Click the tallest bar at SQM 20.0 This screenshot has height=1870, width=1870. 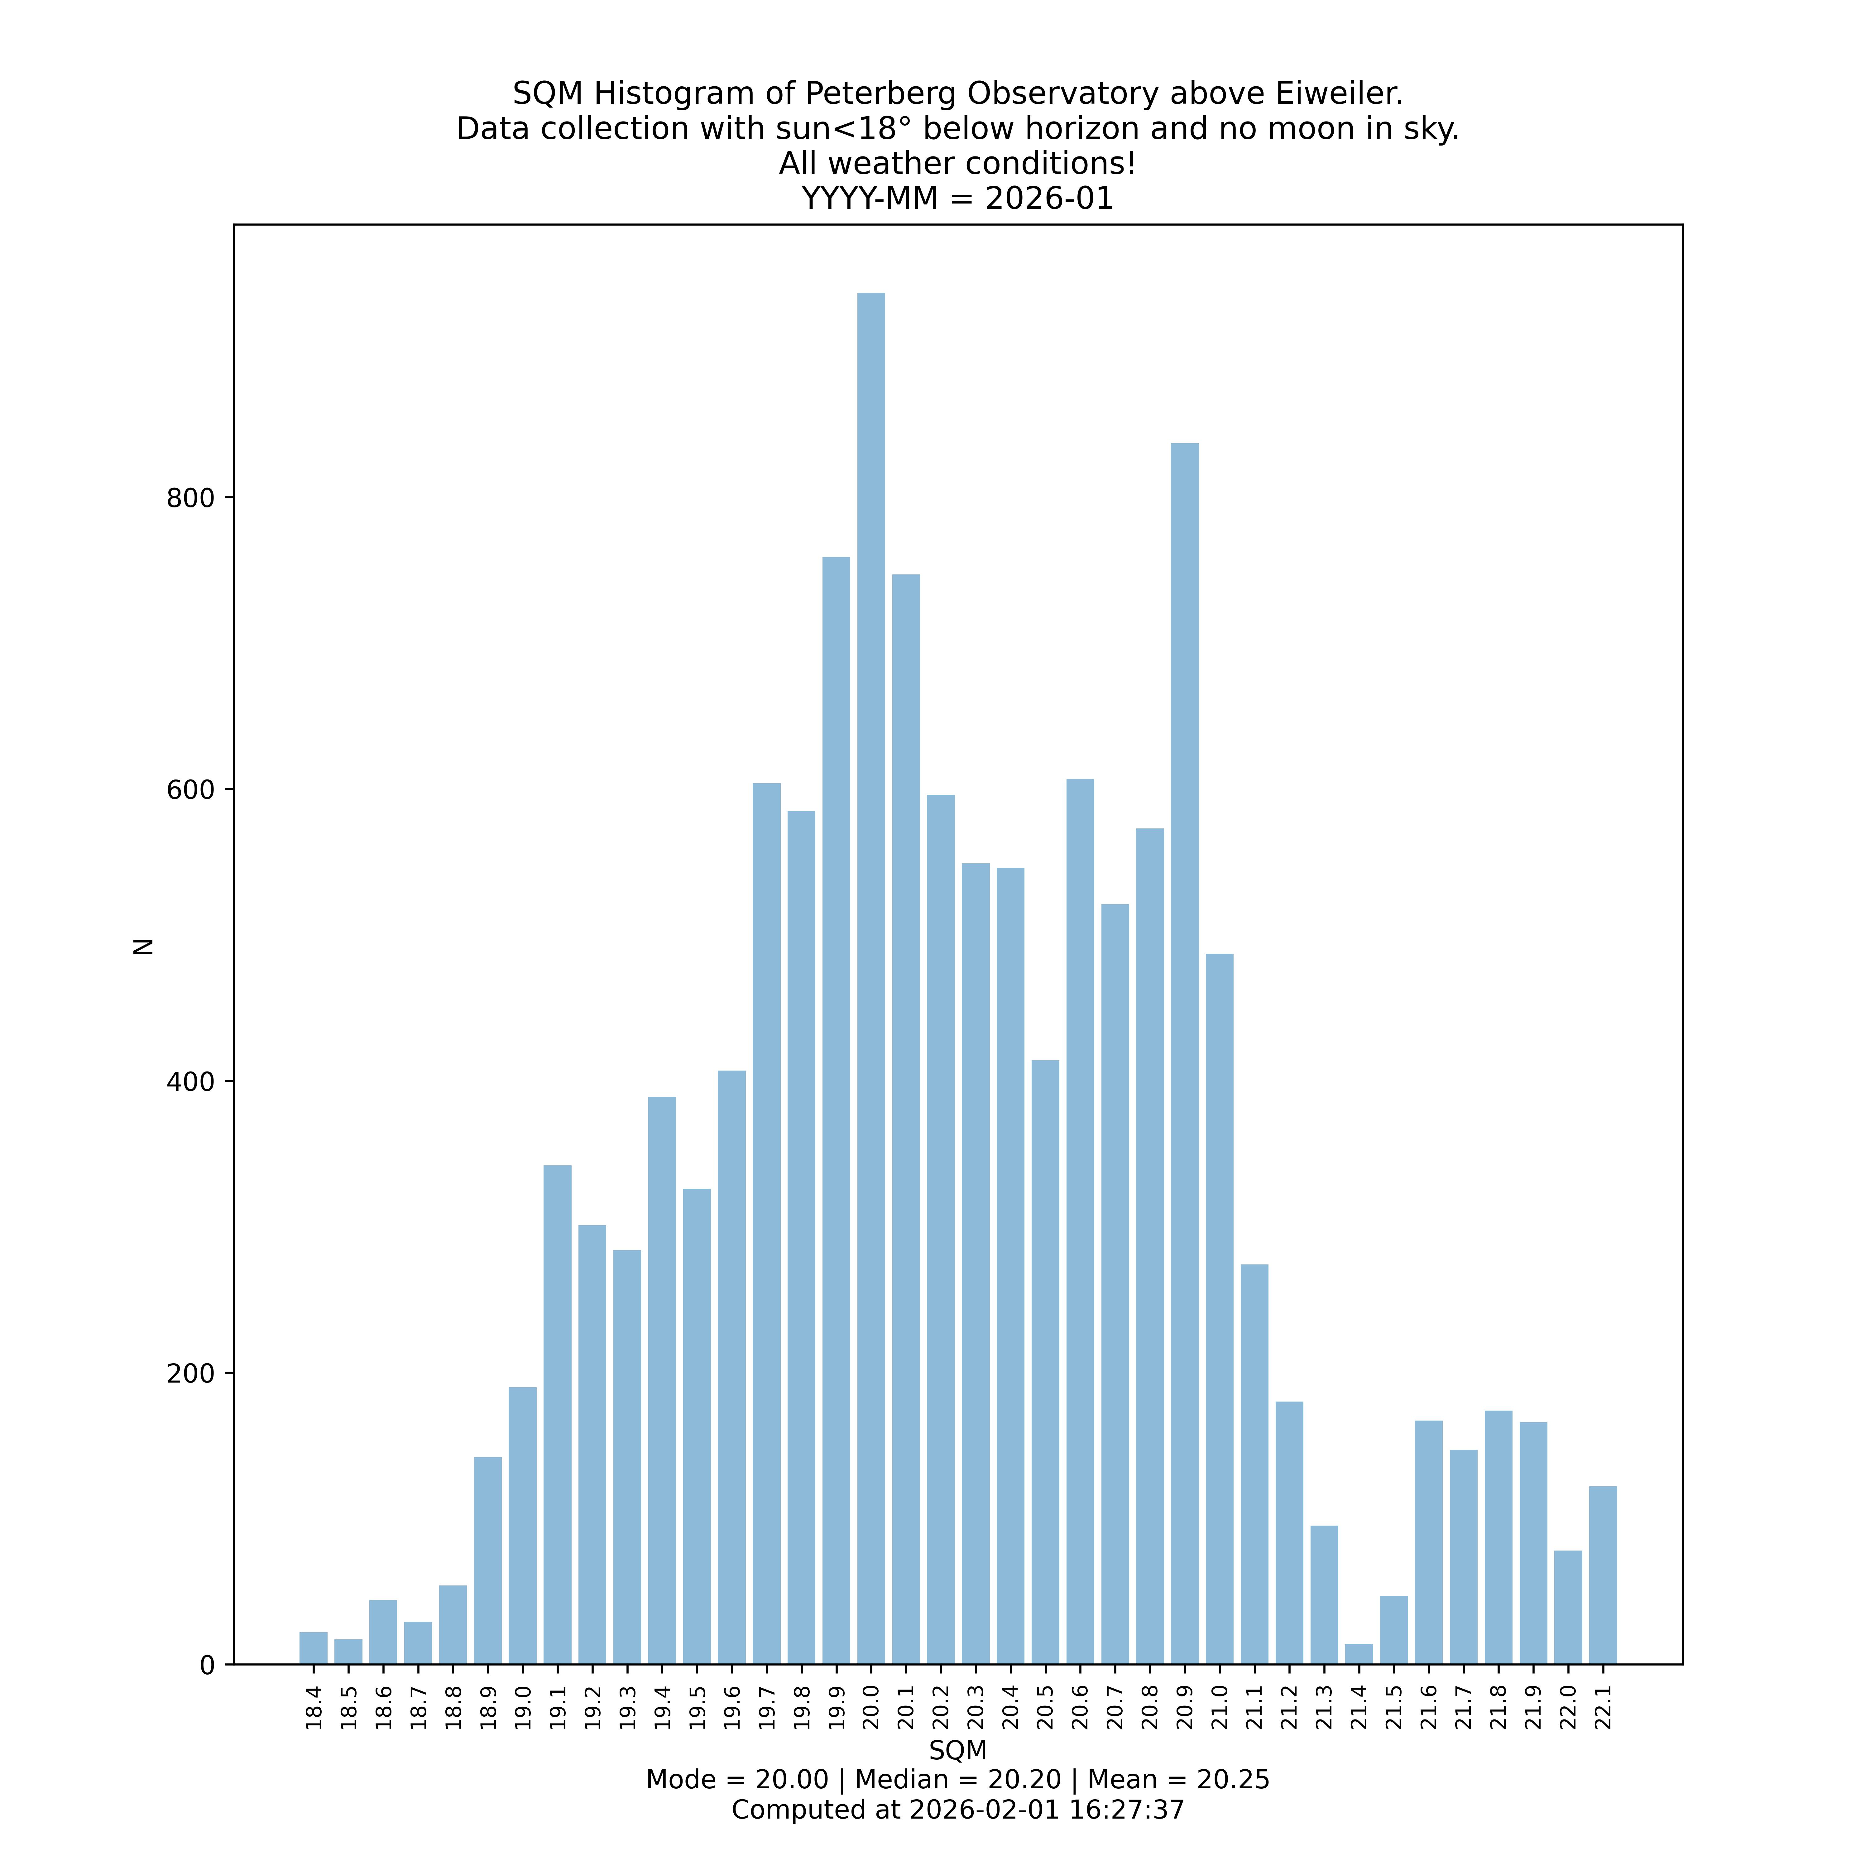click(871, 978)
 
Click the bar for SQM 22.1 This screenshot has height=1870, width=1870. click(1603, 1576)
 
